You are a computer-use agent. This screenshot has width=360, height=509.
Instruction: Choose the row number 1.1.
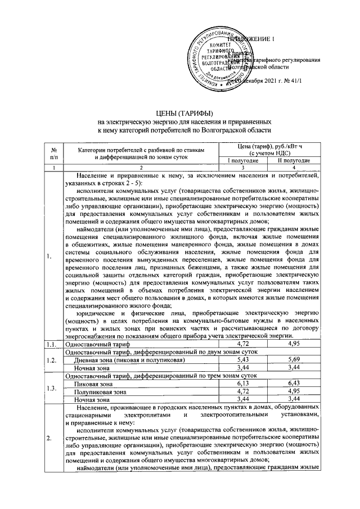point(52,343)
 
